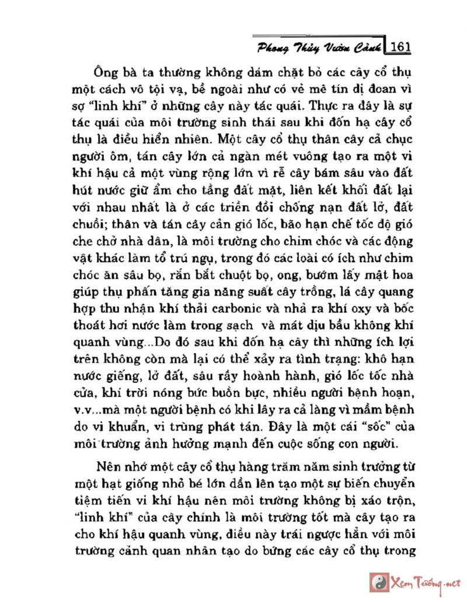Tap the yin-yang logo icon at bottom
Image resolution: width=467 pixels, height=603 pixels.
click(379, 582)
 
